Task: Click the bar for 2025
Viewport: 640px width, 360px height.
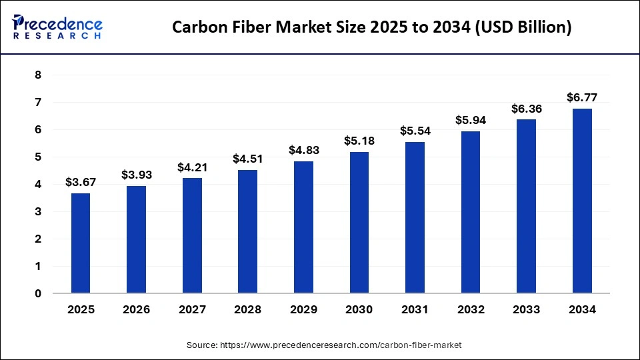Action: (x=81, y=243)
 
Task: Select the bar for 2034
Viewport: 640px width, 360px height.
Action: (x=582, y=201)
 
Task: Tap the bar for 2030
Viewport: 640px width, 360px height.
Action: (x=359, y=222)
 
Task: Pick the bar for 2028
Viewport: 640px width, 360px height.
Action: (x=247, y=231)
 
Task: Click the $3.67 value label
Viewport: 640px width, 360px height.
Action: (x=81, y=182)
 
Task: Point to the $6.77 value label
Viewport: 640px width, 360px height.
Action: (x=582, y=97)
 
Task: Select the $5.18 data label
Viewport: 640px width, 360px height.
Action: (x=359, y=141)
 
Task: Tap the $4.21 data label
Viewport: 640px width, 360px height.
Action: (x=192, y=167)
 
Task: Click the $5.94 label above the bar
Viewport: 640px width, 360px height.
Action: (x=471, y=120)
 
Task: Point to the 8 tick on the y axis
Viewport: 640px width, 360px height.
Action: (x=38, y=75)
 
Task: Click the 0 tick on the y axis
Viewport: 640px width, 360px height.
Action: (x=38, y=293)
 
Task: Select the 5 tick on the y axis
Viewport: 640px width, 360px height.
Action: (x=38, y=157)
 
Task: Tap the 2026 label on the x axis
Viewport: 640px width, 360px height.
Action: (x=136, y=310)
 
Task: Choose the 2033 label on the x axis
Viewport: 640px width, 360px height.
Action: (x=526, y=310)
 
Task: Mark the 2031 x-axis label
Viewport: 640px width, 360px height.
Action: (x=415, y=310)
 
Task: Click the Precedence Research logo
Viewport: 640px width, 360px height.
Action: (x=57, y=27)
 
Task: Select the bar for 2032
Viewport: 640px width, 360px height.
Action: (x=471, y=212)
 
